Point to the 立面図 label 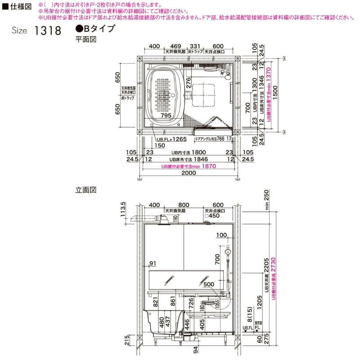(86, 190)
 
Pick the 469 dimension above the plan (176, 46)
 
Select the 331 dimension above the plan (194, 46)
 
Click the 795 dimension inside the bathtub (166, 116)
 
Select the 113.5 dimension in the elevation (123, 209)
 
